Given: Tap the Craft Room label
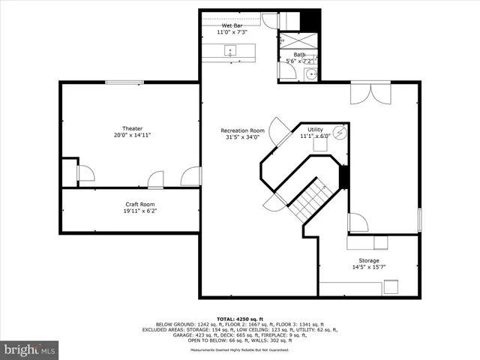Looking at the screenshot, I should click(x=139, y=204).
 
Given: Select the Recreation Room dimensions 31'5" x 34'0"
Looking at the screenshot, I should click(x=241, y=137).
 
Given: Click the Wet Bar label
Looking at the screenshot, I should click(x=232, y=25).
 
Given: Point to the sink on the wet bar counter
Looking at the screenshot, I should click(x=230, y=51).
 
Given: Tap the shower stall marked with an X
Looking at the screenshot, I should click(x=299, y=40).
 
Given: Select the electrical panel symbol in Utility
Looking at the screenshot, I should click(x=340, y=133).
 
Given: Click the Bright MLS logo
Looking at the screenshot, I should click(x=30, y=349).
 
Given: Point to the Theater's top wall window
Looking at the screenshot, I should click(x=122, y=82).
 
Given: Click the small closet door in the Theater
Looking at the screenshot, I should click(x=85, y=174).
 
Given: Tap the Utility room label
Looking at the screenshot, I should click(x=315, y=130).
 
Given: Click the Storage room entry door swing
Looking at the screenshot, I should click(x=358, y=223).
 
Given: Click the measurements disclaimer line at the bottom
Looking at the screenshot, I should click(x=240, y=350).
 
